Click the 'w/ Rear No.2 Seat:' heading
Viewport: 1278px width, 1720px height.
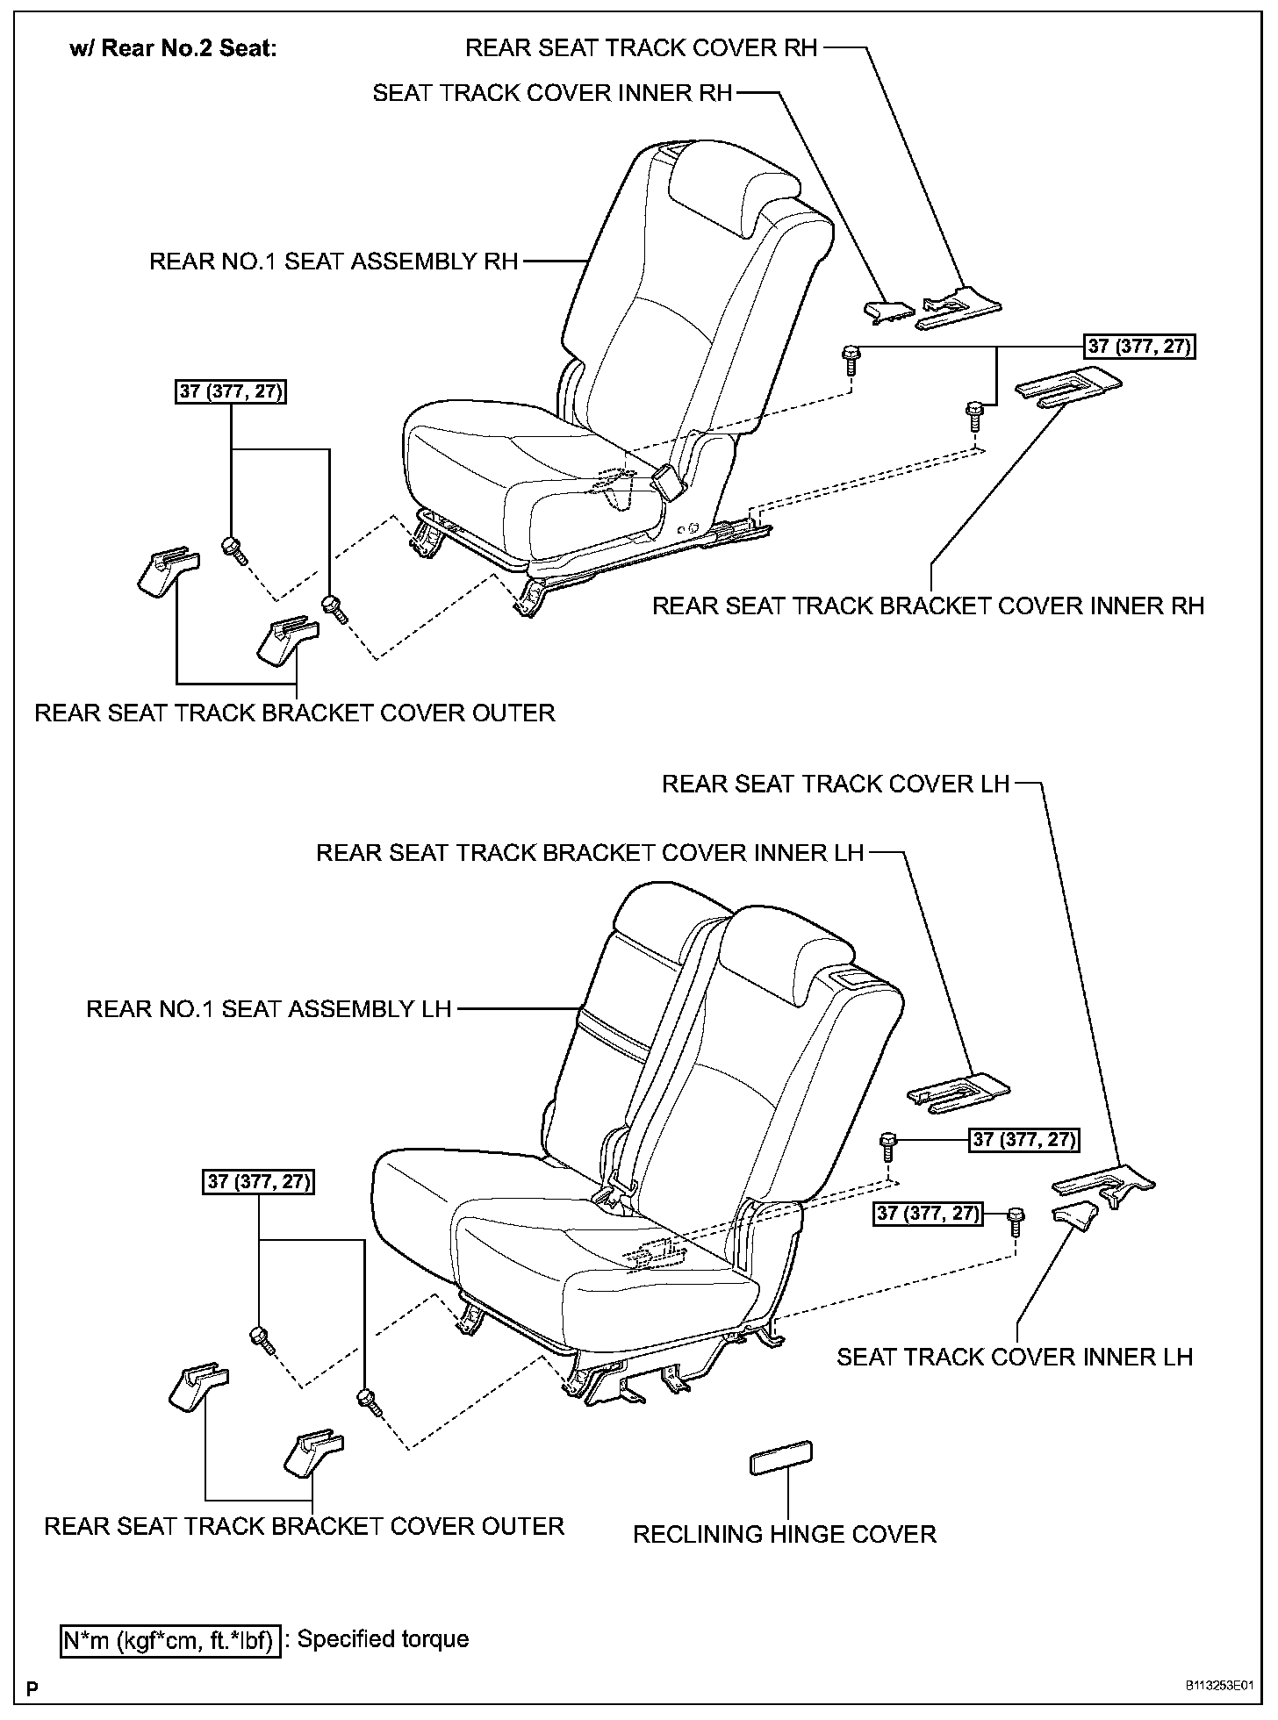point(173,48)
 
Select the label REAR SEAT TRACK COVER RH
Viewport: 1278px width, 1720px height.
point(641,47)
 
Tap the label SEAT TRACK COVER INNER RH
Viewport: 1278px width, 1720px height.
point(552,93)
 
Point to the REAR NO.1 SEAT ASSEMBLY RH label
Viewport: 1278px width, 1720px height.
point(334,262)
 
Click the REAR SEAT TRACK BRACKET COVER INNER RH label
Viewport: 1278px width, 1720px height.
point(928,606)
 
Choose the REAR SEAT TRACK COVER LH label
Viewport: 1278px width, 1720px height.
point(836,784)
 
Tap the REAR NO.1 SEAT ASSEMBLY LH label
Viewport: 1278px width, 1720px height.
point(269,1009)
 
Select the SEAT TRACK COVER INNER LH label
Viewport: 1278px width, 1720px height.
point(1015,1357)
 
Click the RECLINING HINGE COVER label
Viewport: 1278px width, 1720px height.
point(785,1534)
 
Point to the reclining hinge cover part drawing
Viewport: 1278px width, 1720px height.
point(780,1458)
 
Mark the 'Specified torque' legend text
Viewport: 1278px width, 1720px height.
point(384,1638)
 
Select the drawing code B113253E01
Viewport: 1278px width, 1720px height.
point(1218,1687)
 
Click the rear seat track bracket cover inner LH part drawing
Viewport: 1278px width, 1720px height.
point(958,1091)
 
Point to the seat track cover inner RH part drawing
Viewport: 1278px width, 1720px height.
point(888,310)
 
